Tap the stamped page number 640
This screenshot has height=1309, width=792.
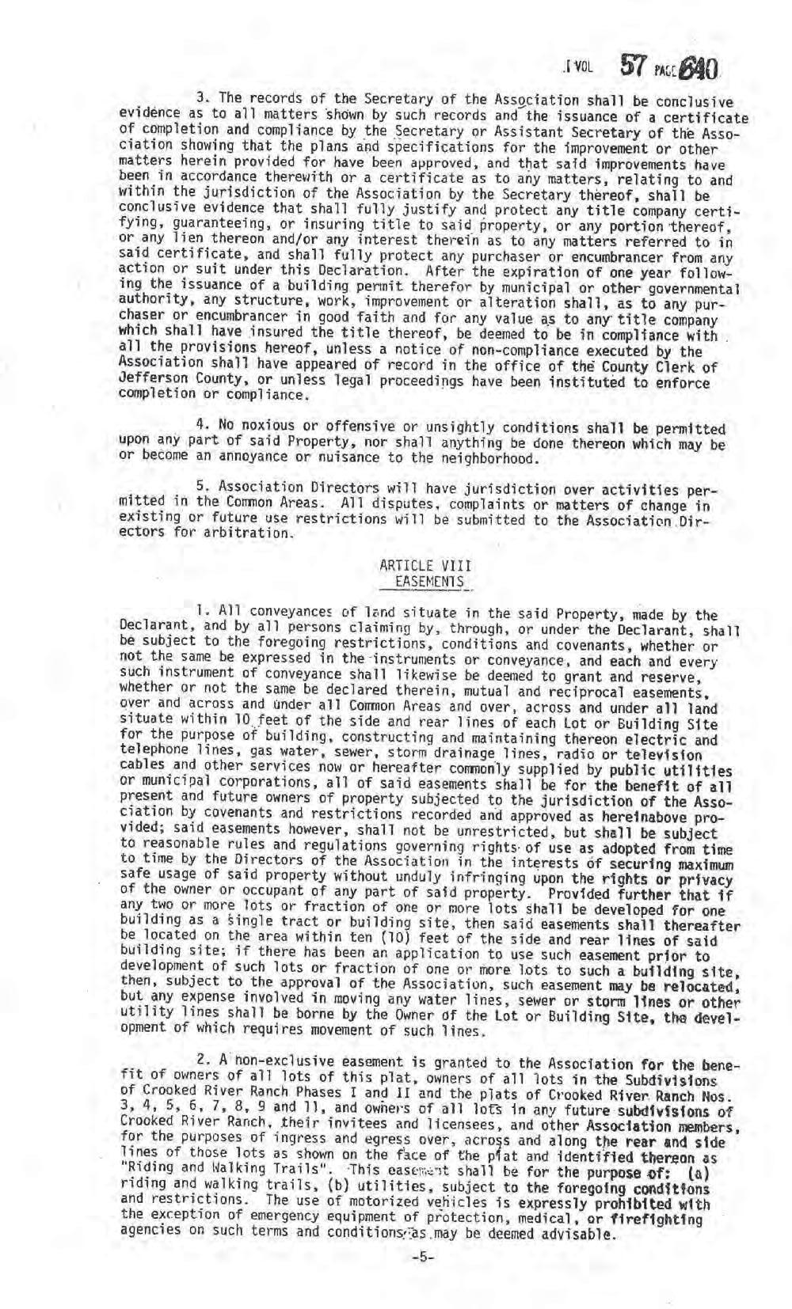tap(698, 70)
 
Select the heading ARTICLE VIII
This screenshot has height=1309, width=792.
tap(425, 566)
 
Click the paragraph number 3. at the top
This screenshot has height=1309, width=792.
tap(201, 99)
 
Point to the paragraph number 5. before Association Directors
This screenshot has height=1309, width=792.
tap(201, 486)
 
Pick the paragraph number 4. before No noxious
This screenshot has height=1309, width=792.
tap(201, 427)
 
